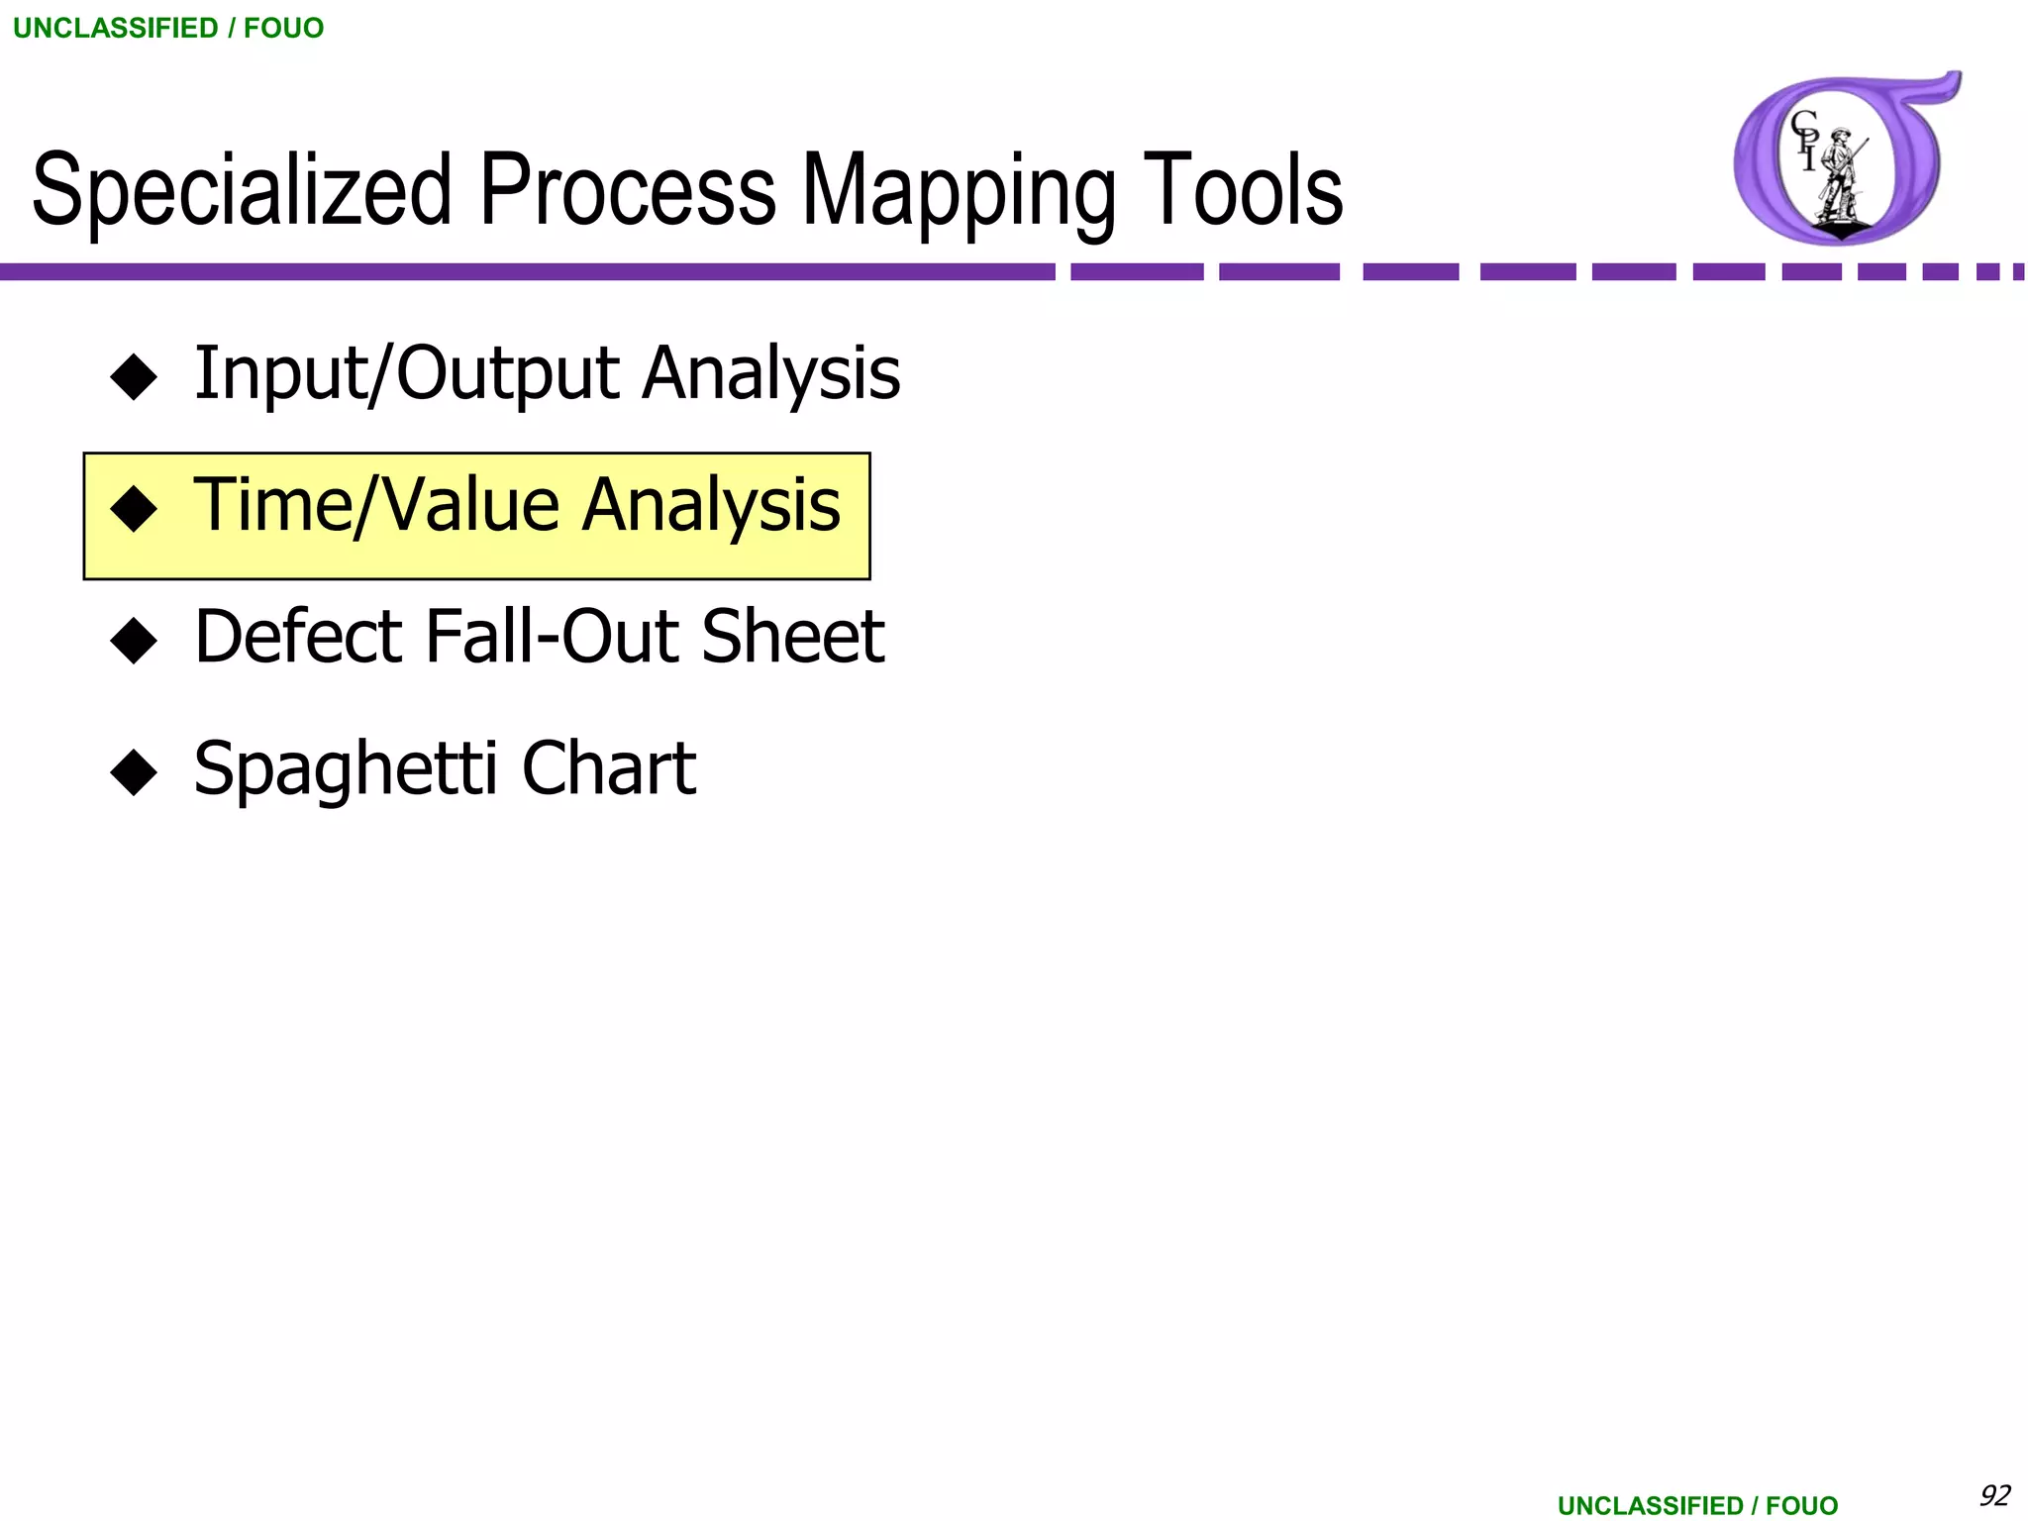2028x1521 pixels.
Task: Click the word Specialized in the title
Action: tap(243, 190)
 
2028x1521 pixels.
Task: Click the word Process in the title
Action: tap(628, 190)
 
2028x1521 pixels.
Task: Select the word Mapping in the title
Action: tap(959, 190)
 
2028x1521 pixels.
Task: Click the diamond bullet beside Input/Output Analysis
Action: tap(134, 377)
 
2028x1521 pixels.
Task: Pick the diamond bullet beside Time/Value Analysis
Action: tap(134, 509)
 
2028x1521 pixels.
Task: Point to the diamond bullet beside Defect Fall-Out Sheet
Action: tap(134, 641)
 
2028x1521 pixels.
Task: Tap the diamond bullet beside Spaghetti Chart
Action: tap(134, 772)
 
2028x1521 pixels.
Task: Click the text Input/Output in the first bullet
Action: tap(407, 373)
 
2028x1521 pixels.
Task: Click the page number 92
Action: tap(1994, 1494)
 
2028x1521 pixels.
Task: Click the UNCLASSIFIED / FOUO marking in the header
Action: tap(168, 28)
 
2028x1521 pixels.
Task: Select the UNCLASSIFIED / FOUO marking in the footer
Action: tap(1697, 1505)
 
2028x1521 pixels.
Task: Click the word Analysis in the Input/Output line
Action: tap(770, 373)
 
